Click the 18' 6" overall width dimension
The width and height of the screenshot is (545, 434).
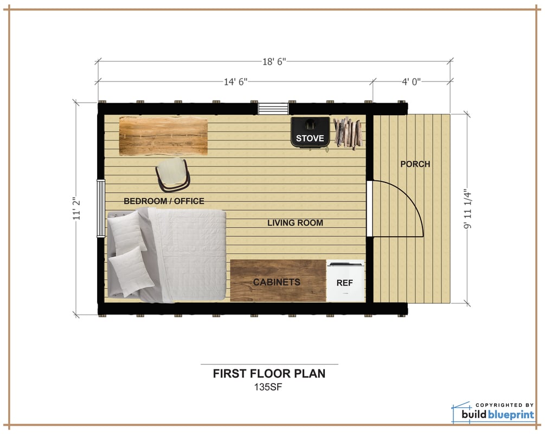[274, 61]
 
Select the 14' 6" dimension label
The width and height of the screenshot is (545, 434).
[235, 82]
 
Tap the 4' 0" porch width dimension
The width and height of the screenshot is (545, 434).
[411, 82]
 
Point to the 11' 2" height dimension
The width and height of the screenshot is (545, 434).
[77, 209]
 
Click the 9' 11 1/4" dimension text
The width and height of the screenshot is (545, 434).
[467, 209]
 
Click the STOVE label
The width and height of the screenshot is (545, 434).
[310, 138]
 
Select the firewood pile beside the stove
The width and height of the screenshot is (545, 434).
[348, 133]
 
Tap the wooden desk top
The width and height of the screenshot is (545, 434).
[163, 136]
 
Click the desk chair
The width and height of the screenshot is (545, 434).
[173, 175]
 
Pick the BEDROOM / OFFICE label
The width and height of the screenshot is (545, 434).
[164, 201]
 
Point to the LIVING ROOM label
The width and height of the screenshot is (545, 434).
[295, 223]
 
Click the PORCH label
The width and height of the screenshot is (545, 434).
[415, 164]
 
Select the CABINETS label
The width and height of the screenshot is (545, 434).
[277, 282]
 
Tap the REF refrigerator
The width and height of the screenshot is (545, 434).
[345, 280]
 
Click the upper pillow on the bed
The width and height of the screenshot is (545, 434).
[126, 232]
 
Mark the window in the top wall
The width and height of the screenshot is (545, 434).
[273, 108]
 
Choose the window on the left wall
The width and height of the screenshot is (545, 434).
[101, 208]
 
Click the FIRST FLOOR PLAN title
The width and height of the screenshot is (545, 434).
[269, 374]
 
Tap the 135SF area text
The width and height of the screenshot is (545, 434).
[268, 387]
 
